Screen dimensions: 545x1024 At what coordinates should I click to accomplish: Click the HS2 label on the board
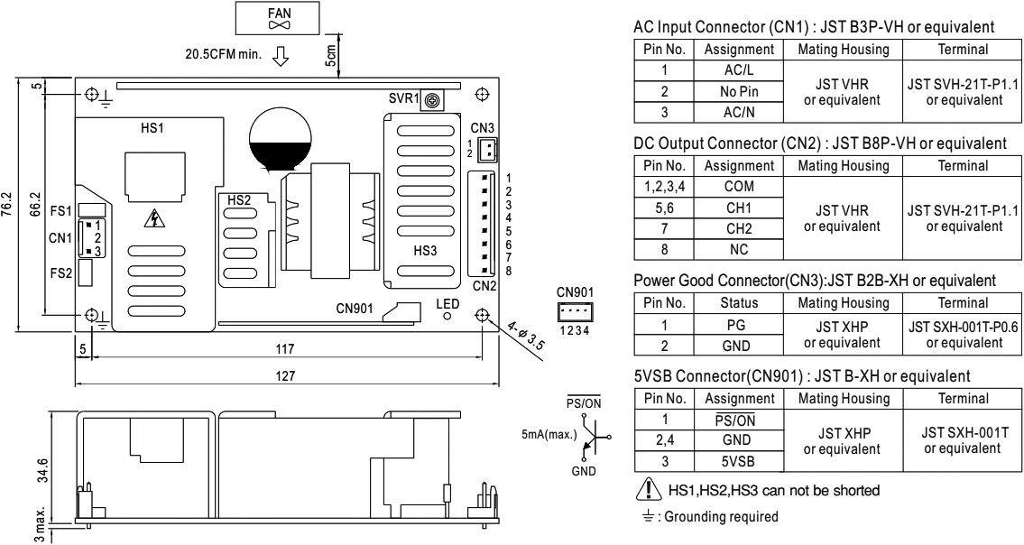point(238,200)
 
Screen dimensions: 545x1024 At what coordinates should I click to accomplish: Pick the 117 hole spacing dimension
point(285,348)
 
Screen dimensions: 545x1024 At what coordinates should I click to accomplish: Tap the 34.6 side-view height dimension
point(33,470)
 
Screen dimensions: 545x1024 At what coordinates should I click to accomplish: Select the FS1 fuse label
point(60,211)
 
